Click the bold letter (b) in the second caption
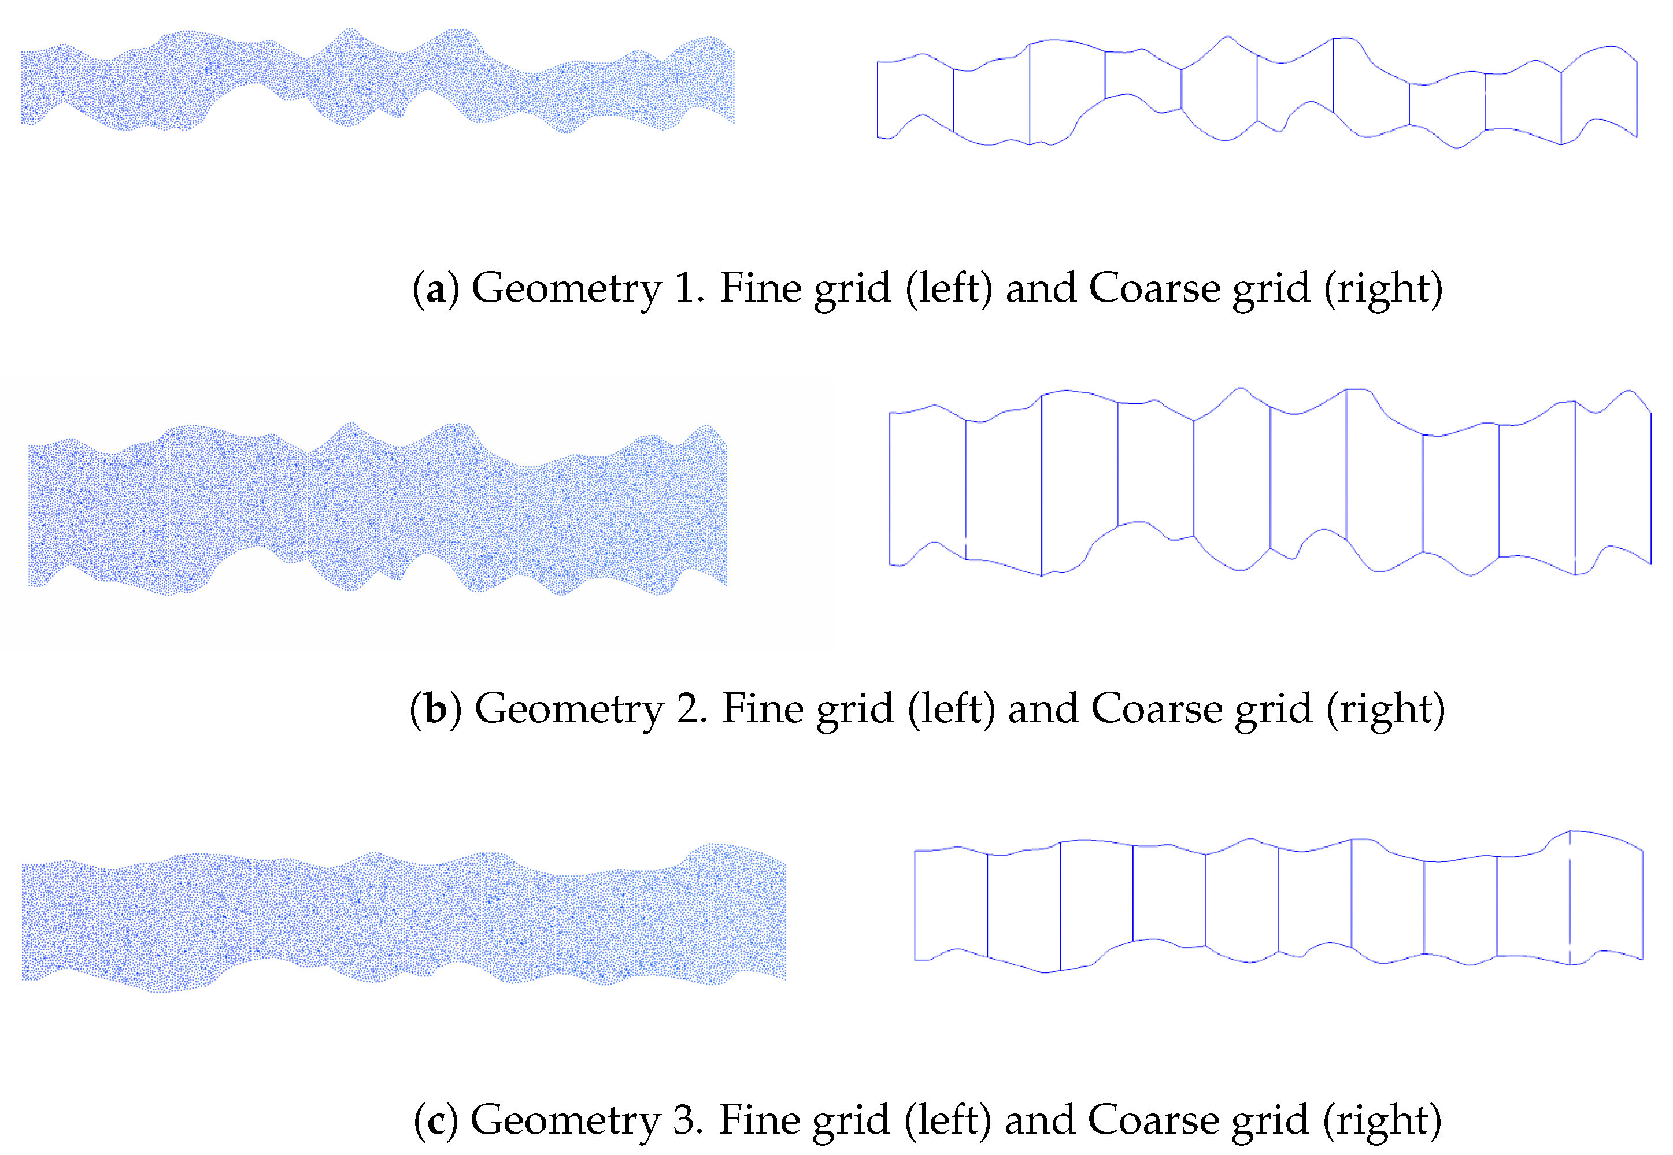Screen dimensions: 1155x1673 point(435,709)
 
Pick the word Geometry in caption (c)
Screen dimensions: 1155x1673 point(565,1121)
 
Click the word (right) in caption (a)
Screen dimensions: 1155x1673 point(1383,289)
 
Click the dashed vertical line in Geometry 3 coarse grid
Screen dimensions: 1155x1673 point(1570,897)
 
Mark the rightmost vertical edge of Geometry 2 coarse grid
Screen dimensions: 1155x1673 point(1651,488)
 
